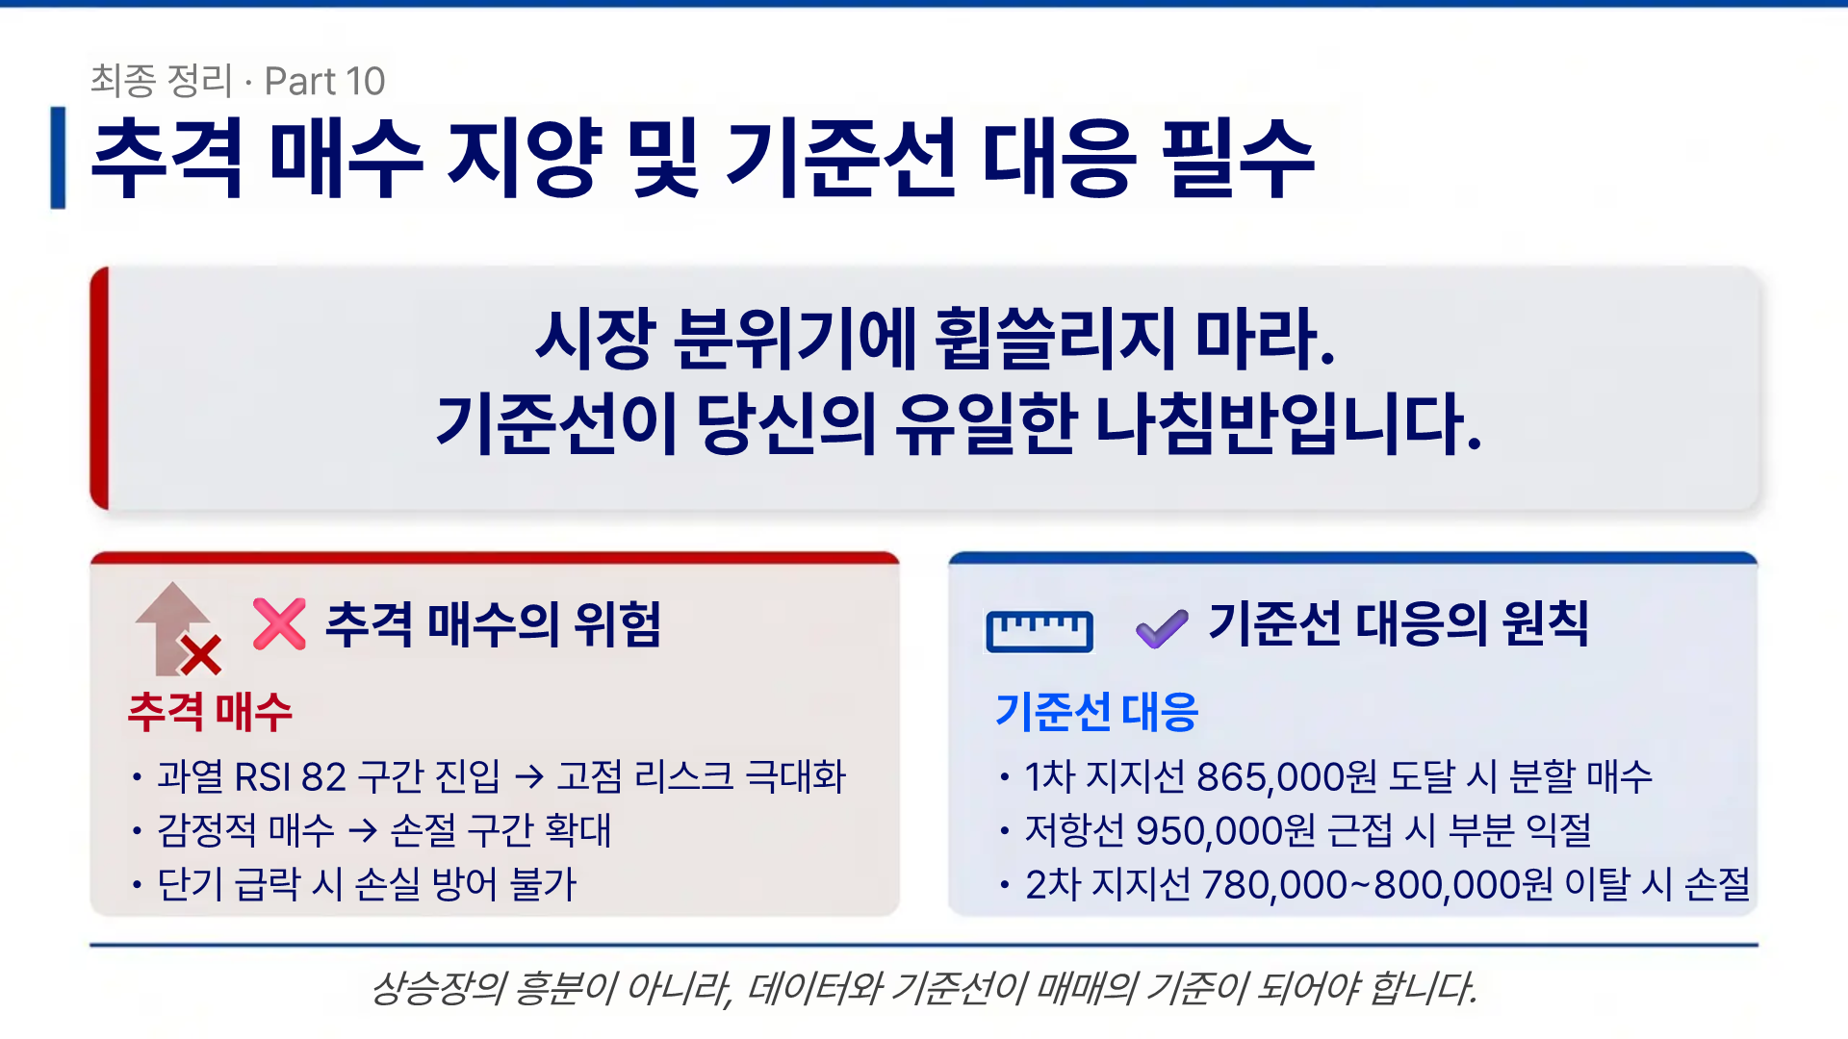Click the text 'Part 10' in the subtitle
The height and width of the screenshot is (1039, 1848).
(x=324, y=82)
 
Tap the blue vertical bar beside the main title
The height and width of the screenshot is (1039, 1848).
(x=59, y=158)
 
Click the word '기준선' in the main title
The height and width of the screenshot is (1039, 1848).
(x=840, y=158)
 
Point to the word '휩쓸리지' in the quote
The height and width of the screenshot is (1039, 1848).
(x=1054, y=339)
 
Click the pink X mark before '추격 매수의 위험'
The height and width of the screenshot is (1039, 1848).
(x=279, y=623)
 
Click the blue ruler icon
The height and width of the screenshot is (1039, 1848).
(x=1039, y=631)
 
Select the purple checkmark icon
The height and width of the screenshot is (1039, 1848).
(x=1162, y=629)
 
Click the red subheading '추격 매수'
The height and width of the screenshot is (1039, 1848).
(x=210, y=712)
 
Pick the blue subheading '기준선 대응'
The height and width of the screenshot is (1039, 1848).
(x=1096, y=712)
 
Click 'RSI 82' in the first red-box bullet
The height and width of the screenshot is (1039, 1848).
(x=290, y=777)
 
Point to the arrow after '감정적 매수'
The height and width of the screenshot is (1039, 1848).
(x=363, y=830)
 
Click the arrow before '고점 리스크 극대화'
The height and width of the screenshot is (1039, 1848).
(x=529, y=776)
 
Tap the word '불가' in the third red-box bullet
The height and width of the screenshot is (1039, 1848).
(x=543, y=885)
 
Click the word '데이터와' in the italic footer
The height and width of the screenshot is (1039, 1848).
(x=813, y=988)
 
